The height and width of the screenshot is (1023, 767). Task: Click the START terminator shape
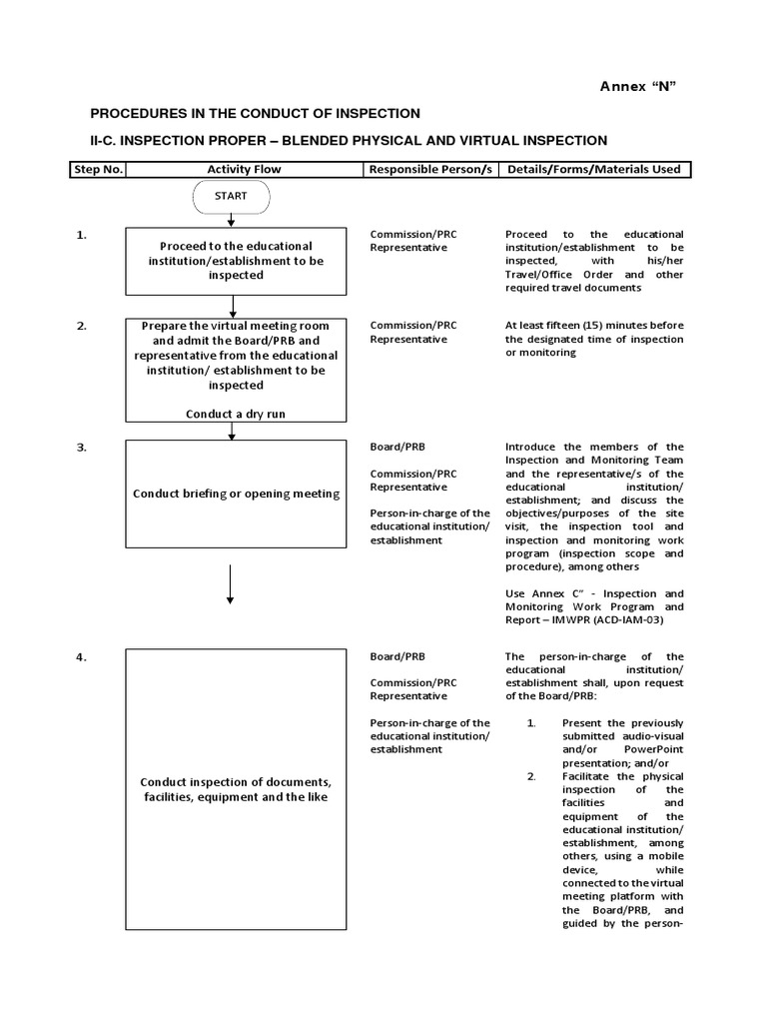tap(231, 197)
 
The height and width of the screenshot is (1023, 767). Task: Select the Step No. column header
tap(97, 169)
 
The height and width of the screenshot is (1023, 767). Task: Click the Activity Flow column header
tap(244, 169)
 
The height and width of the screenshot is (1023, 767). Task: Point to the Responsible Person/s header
tap(430, 169)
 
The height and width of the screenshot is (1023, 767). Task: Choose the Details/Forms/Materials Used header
tap(594, 169)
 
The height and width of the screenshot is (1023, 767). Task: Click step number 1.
tap(82, 235)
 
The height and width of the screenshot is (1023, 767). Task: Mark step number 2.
tap(82, 326)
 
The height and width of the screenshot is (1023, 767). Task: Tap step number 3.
tap(82, 448)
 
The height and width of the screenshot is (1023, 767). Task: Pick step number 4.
tap(82, 657)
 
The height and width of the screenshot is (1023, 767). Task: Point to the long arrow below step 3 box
tap(231, 584)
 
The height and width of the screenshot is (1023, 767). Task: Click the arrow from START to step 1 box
tap(231, 220)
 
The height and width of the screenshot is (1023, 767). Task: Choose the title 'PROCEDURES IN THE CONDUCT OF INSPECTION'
tap(256, 114)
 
